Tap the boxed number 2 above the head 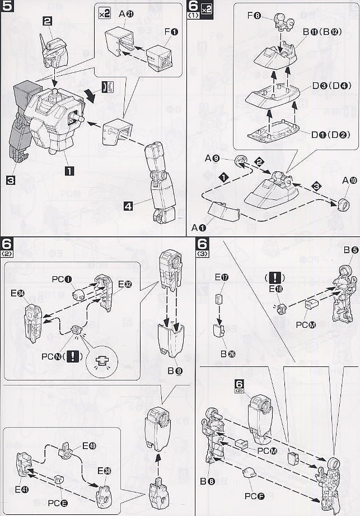click(47, 21)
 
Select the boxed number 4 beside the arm click(128, 206)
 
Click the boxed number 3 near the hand click(10, 180)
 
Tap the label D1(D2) click(327, 134)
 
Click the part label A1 click(199, 227)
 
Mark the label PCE click(57, 502)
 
